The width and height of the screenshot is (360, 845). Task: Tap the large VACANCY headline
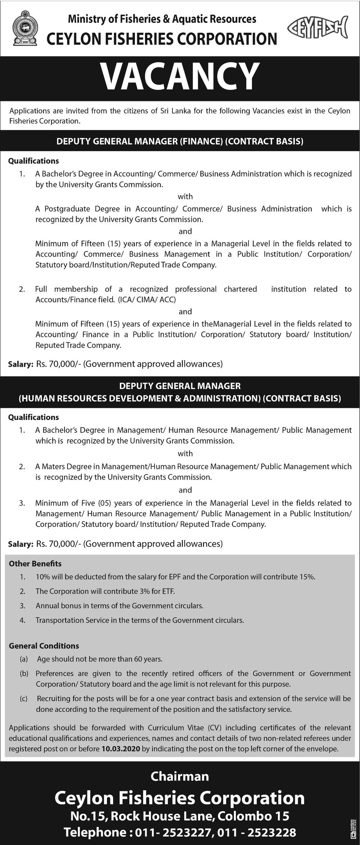pos(180,76)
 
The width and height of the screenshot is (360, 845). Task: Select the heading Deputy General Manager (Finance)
pos(180,141)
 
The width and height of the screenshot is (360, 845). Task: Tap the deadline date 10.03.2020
pos(121,749)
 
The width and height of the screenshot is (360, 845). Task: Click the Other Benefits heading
pos(35,564)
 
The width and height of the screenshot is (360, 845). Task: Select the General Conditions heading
pos(44,646)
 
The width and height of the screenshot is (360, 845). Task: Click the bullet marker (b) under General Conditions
pos(24,673)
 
